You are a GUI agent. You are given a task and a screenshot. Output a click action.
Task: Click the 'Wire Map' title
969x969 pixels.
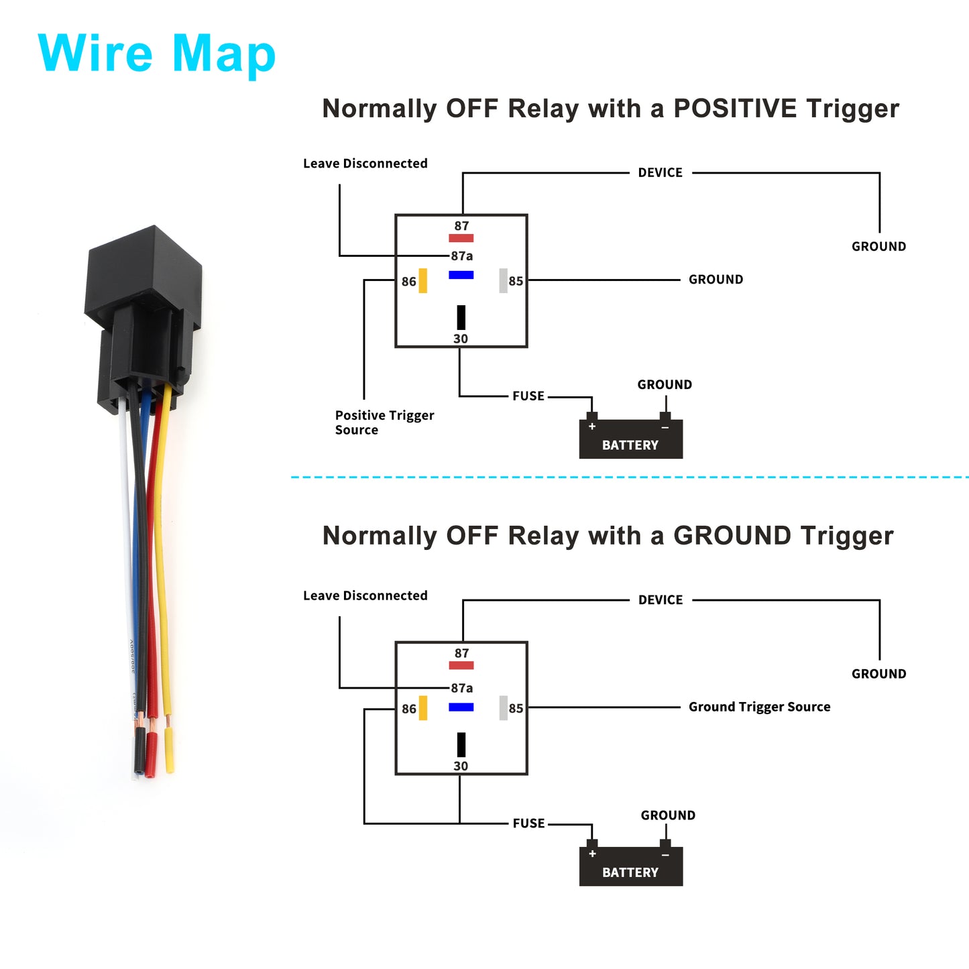pyautogui.click(x=156, y=54)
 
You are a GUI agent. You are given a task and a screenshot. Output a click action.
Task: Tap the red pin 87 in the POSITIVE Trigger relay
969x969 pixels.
pyautogui.click(x=461, y=238)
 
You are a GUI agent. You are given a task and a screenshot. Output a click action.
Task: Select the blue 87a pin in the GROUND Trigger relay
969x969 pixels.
pyautogui.click(x=461, y=707)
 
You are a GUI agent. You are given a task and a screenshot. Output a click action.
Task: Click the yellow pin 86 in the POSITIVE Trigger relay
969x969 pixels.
pyautogui.click(x=423, y=280)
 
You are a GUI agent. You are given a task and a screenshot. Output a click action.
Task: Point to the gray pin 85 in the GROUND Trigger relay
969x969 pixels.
pyautogui.click(x=503, y=708)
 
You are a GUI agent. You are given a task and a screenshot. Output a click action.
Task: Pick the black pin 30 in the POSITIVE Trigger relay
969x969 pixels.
pyautogui.click(x=461, y=317)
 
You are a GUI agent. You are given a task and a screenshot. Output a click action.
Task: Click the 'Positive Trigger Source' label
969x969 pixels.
pyautogui.click(x=384, y=422)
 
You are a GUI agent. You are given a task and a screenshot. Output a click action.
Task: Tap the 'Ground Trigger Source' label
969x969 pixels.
pyautogui.click(x=759, y=707)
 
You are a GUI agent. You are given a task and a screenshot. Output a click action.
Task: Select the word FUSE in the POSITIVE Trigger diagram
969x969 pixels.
pyautogui.click(x=528, y=396)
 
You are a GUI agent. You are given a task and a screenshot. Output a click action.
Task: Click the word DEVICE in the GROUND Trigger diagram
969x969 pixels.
pyautogui.click(x=661, y=600)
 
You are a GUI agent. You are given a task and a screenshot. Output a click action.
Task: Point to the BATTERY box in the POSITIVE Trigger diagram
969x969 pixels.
pyautogui.click(x=630, y=439)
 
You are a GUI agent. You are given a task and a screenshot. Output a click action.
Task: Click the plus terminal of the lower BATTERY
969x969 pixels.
pyautogui.click(x=592, y=854)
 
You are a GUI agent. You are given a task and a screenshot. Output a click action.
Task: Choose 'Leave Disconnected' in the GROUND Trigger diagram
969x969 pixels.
pyautogui.click(x=365, y=595)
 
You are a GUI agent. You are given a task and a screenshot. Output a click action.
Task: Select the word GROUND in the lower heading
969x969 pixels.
pyautogui.click(x=732, y=536)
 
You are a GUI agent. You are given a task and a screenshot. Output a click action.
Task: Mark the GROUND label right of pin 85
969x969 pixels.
pyautogui.click(x=716, y=279)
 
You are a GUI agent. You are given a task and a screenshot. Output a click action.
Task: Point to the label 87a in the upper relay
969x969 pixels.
pyautogui.click(x=461, y=256)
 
